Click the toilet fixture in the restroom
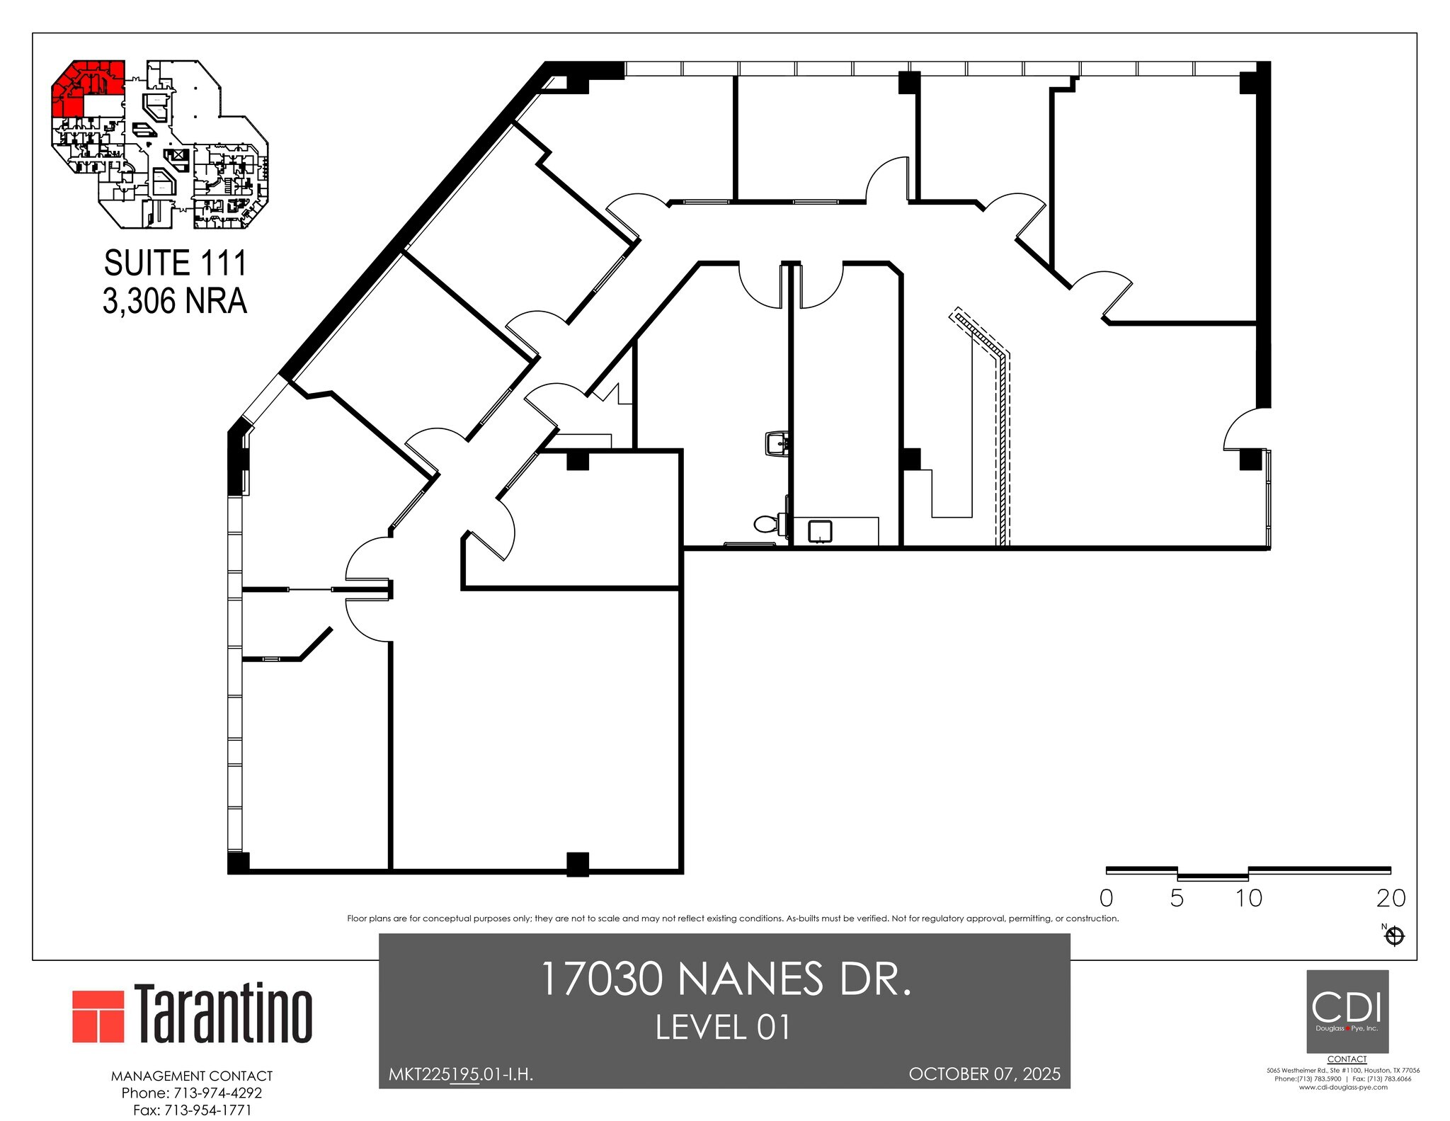(767, 524)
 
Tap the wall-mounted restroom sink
(777, 444)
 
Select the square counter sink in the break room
(820, 531)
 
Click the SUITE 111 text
(175, 263)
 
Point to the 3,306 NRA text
(175, 301)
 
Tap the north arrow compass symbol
(1394, 936)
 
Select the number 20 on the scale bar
(1391, 899)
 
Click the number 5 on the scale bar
(1177, 899)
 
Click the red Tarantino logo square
(98, 1016)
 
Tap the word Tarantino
(223, 1014)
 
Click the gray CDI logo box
(1347, 1011)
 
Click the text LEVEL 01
(722, 1028)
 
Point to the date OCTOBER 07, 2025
(984, 1074)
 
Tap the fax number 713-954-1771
(207, 1110)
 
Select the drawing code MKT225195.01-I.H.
(461, 1074)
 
